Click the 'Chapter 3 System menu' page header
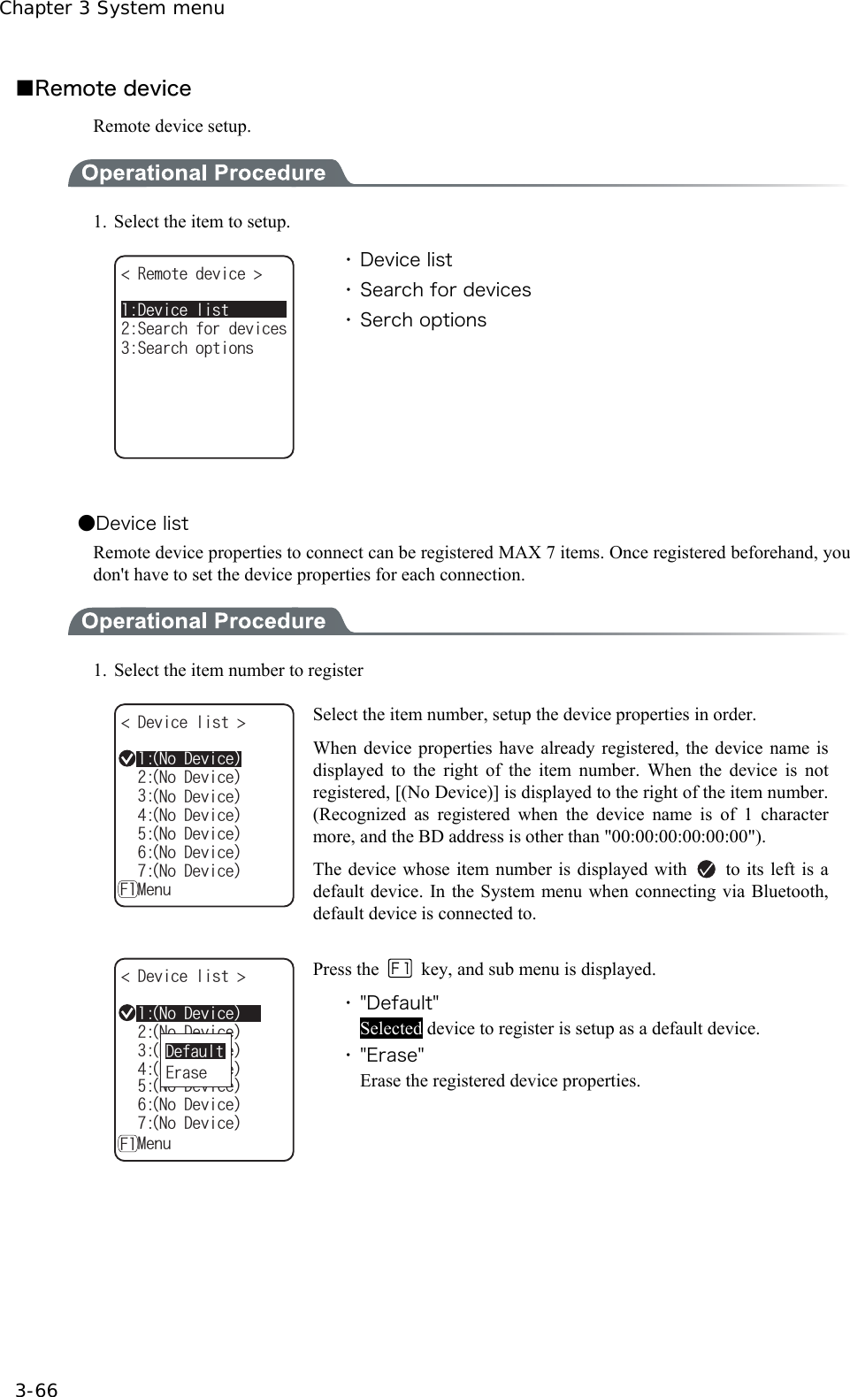click(x=112, y=9)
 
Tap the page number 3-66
click(x=36, y=1390)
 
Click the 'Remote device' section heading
click(x=112, y=88)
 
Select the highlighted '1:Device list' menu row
click(x=203, y=310)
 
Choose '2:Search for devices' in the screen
click(x=203, y=329)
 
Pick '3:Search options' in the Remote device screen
click(x=188, y=349)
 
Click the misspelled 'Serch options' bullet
click(x=423, y=320)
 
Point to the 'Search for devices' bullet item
click(x=445, y=290)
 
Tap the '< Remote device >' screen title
click(x=191, y=274)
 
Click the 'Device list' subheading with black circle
click(x=142, y=524)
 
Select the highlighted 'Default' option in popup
click(x=195, y=1051)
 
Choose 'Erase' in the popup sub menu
click(x=186, y=1072)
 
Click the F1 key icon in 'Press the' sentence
click(x=400, y=969)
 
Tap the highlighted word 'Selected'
click(x=390, y=1028)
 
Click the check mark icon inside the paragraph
click(x=706, y=870)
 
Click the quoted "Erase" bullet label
click(x=392, y=1055)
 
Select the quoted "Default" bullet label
click(x=399, y=1003)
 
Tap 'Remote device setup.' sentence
click(x=172, y=127)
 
